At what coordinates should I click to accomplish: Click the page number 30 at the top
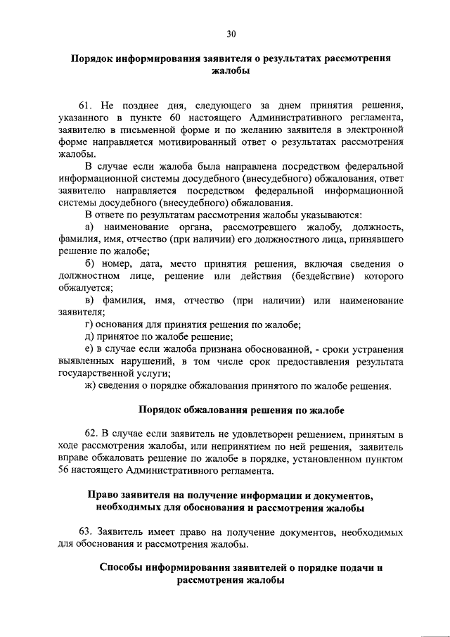pos(231,33)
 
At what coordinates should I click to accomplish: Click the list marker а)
pos(89,227)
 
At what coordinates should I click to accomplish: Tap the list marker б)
pos(89,264)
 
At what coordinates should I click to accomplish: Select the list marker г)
pos(89,324)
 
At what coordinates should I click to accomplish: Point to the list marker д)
pos(89,336)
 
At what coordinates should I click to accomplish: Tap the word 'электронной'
pos(375,129)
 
